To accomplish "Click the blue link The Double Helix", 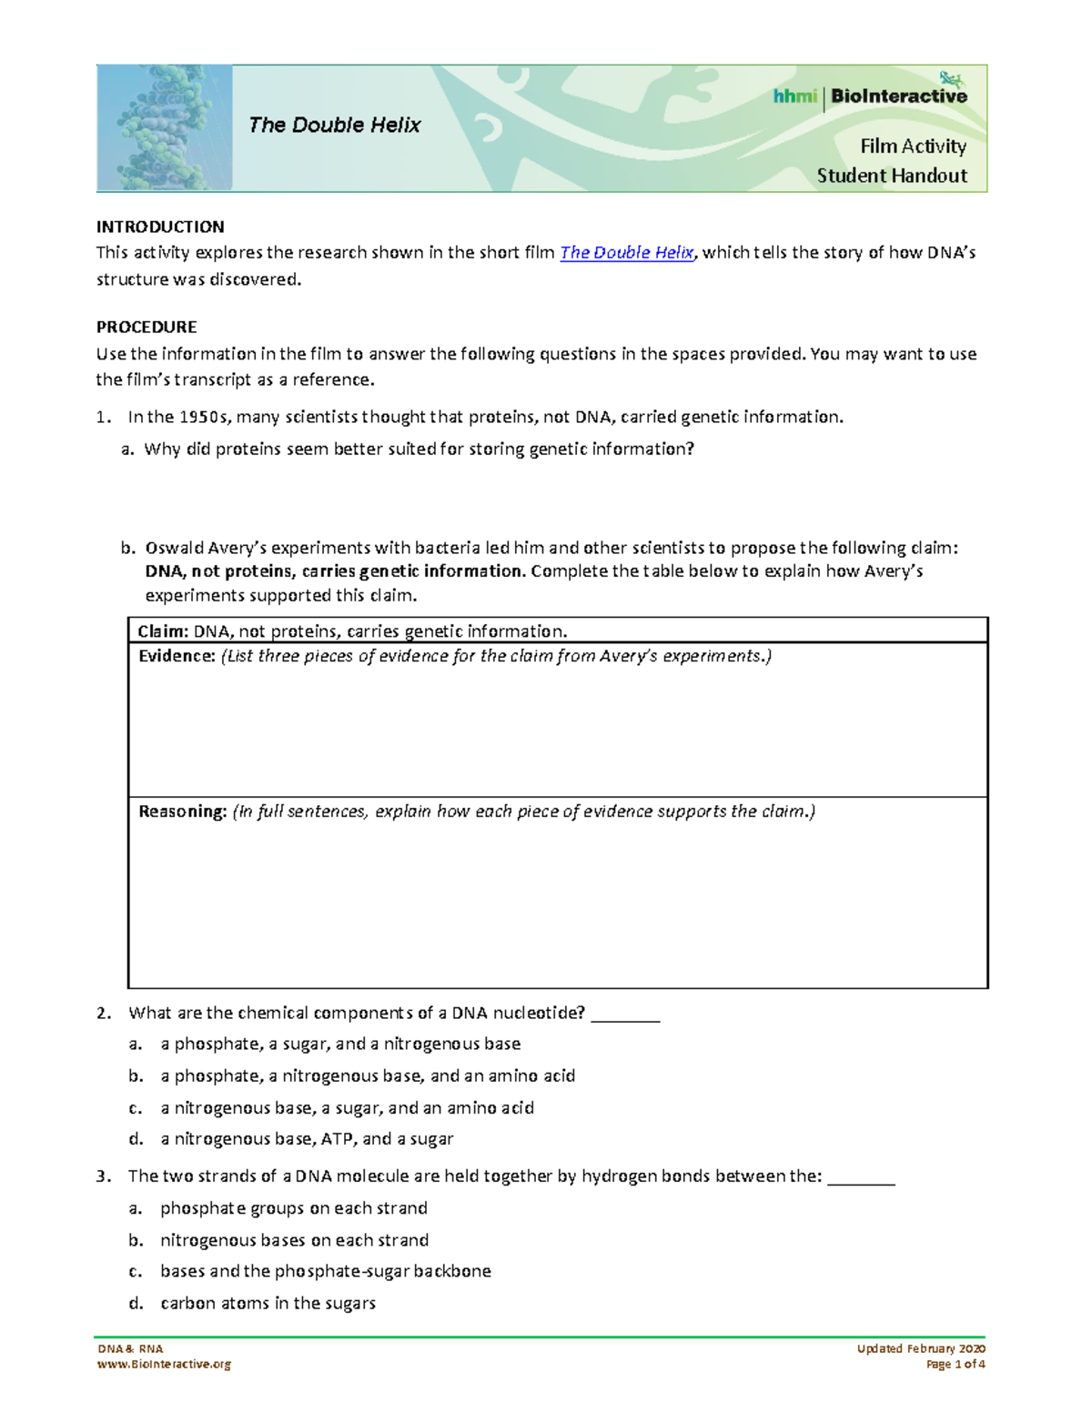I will pyautogui.click(x=626, y=253).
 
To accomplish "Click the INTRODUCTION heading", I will pyautogui.click(x=160, y=227).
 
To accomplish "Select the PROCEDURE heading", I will pyautogui.click(x=147, y=327).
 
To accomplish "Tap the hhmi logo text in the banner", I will pyautogui.click(x=794, y=96).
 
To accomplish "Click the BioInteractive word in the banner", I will pyautogui.click(x=898, y=96).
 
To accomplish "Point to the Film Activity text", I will pyautogui.click(x=913, y=146).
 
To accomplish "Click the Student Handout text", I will pyautogui.click(x=892, y=176).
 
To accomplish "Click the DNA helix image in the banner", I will pyautogui.click(x=164, y=127).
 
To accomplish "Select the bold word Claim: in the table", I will pyautogui.click(x=163, y=631).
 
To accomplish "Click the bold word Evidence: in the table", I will pyautogui.click(x=177, y=656).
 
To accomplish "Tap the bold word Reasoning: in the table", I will pyautogui.click(x=182, y=812).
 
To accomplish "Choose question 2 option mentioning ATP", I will pyautogui.click(x=307, y=1139).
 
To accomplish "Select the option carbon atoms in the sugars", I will pyautogui.click(x=268, y=1303).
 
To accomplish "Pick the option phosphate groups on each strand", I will pyautogui.click(x=293, y=1208).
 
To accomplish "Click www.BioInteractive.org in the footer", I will pyautogui.click(x=164, y=1364).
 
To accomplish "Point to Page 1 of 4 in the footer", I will pyautogui.click(x=955, y=1364).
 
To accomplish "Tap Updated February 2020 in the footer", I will pyautogui.click(x=921, y=1348).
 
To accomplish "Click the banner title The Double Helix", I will pyautogui.click(x=335, y=126).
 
